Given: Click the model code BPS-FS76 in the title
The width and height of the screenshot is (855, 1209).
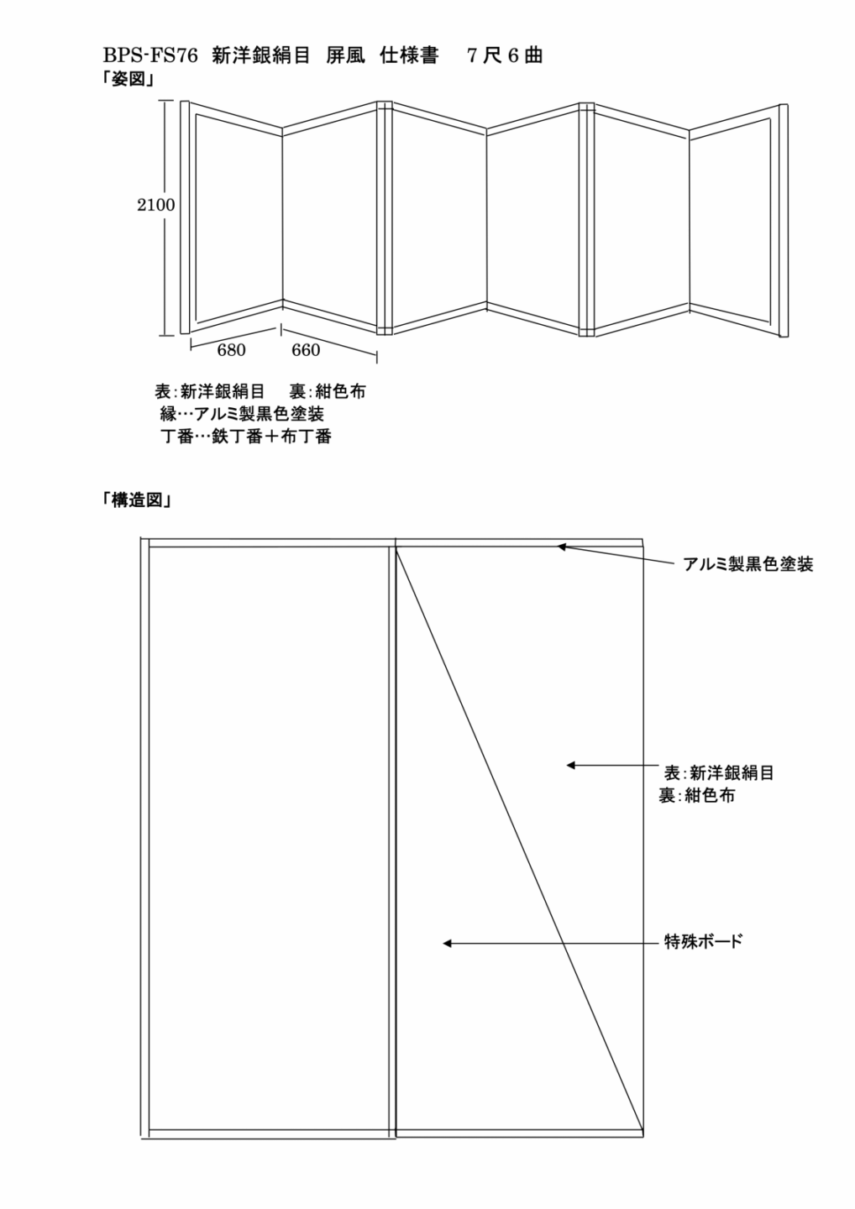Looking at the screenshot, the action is pos(150,56).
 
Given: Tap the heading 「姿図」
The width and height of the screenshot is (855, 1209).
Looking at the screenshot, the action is pos(129,80).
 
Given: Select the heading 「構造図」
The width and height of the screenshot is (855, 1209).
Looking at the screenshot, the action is pos(137,500).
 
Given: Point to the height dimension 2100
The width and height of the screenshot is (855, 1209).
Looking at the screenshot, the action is pos(155,205).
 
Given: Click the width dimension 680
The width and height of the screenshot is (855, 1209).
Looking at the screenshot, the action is pos(231,350).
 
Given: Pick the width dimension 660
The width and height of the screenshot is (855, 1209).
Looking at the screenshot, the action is pos(306,350).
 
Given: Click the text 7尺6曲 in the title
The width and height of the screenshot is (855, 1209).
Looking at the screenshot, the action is pos(505,56).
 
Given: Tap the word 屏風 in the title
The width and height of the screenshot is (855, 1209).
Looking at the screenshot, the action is pos(345,56).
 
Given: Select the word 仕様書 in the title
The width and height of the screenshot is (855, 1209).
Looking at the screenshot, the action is pos(409,56).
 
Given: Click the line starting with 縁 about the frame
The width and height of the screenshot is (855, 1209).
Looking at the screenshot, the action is pos(242,414).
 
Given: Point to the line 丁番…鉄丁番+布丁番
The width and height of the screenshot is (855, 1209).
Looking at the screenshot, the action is pos(245,436).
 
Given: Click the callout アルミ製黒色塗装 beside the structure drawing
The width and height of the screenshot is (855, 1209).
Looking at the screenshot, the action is pos(748,564).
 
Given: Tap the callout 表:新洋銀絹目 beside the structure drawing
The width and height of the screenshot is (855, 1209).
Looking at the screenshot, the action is pos(719,773).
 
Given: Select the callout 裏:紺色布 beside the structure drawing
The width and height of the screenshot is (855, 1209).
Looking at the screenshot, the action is pos(697,796).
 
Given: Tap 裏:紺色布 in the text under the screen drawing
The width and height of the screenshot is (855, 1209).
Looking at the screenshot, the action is pos(328,391).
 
